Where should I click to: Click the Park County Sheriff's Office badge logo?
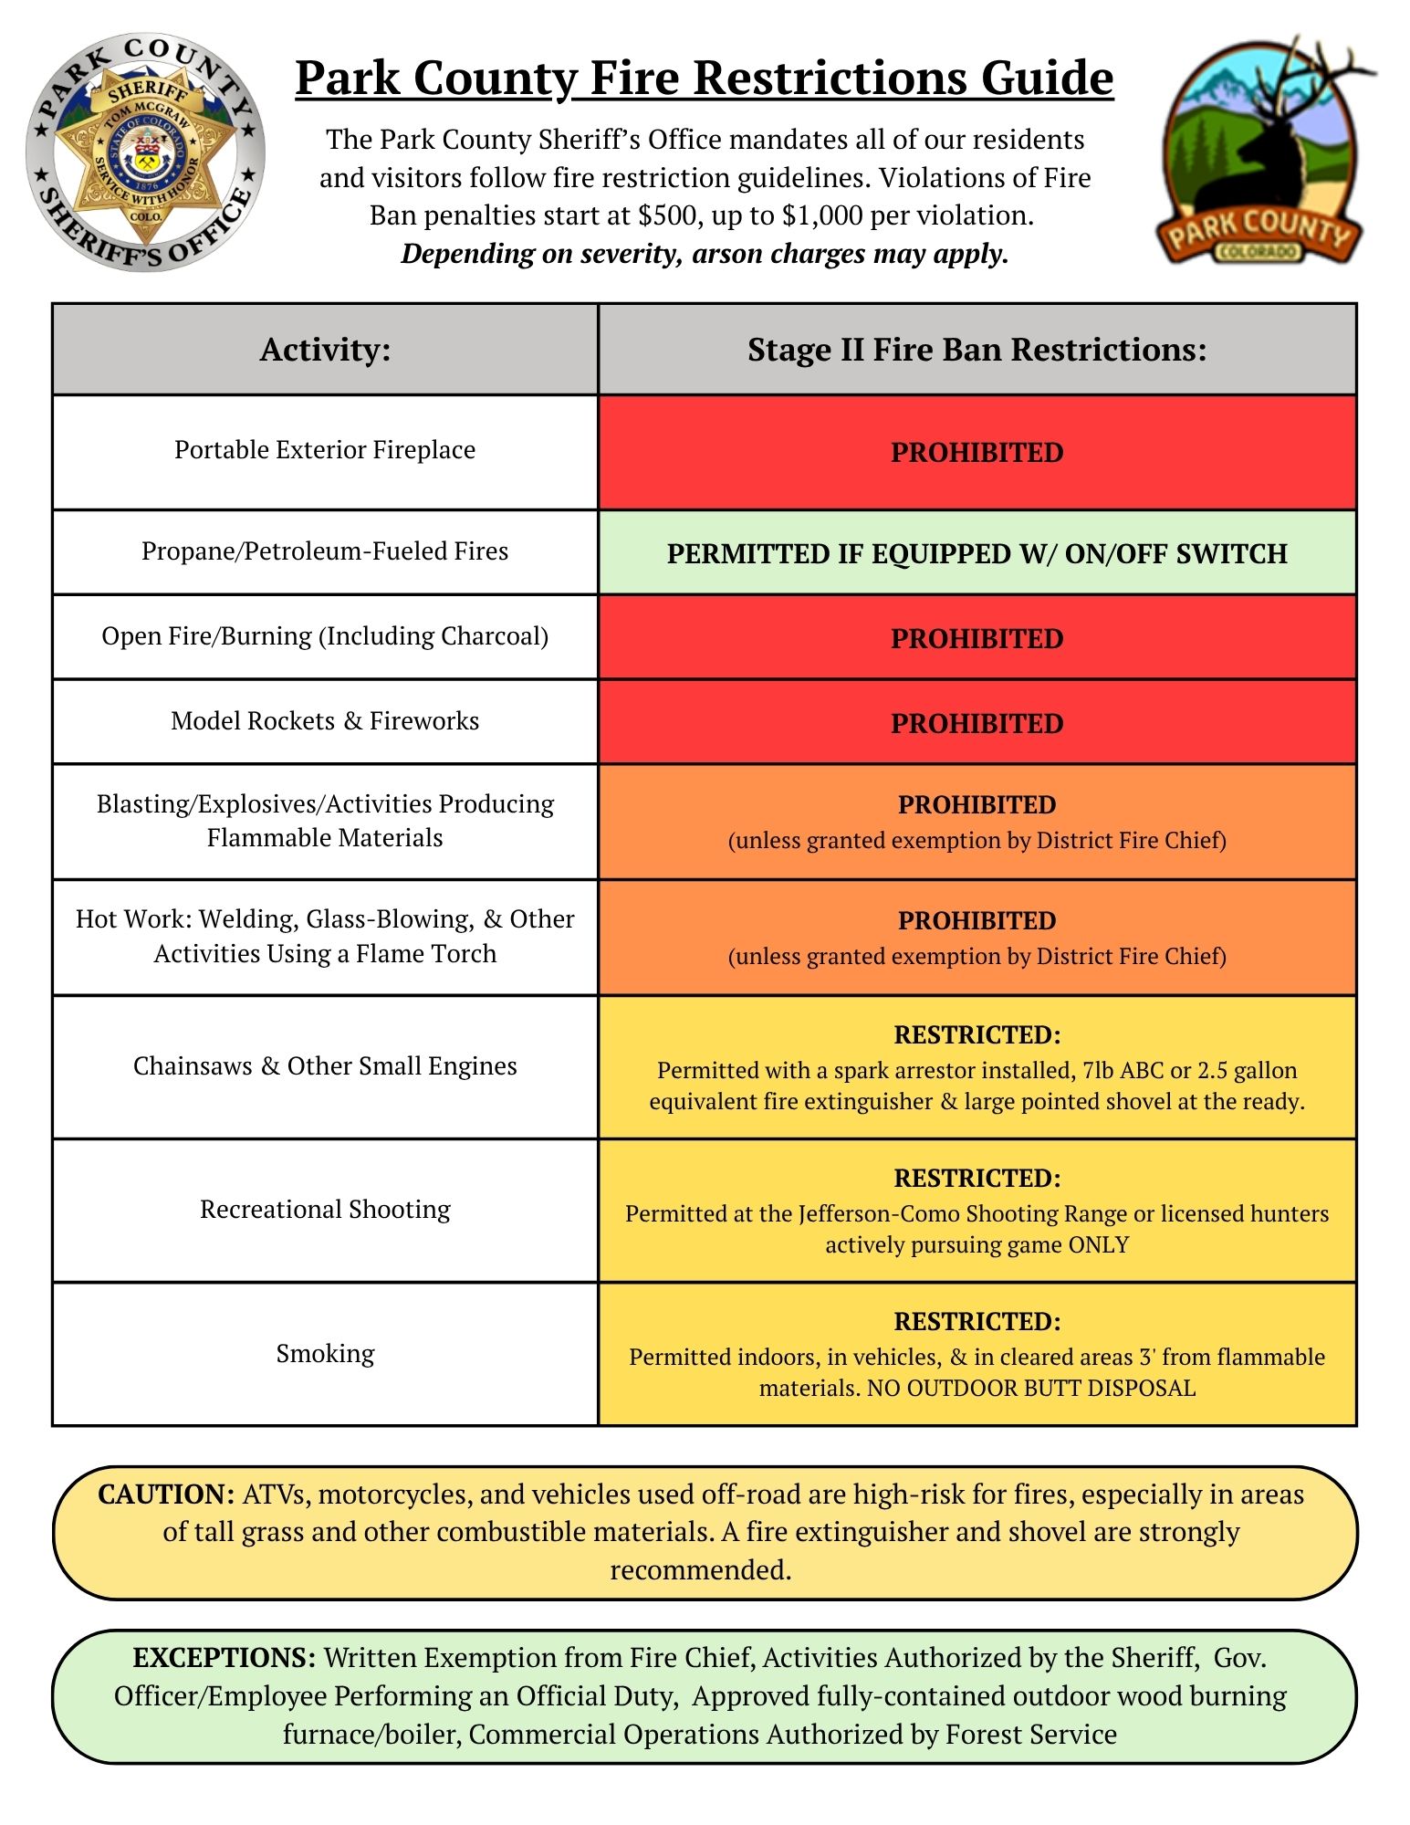coord(146,152)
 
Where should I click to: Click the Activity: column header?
coord(325,350)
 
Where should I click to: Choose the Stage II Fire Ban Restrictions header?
coord(977,350)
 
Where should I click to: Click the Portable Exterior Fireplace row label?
coord(325,450)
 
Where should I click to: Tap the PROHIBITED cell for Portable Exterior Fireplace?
coord(977,453)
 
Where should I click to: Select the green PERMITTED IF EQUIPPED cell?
coord(977,553)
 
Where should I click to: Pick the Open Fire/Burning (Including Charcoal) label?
coord(325,636)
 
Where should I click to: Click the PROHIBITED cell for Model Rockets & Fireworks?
coord(977,723)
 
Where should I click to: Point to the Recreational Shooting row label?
coord(325,1210)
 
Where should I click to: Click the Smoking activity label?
coord(325,1353)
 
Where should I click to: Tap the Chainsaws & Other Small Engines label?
coord(325,1066)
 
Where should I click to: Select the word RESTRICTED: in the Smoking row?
coord(977,1321)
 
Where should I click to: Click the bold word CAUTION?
coord(167,1495)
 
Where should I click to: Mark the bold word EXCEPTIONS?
coord(225,1658)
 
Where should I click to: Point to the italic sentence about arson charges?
coord(705,254)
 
